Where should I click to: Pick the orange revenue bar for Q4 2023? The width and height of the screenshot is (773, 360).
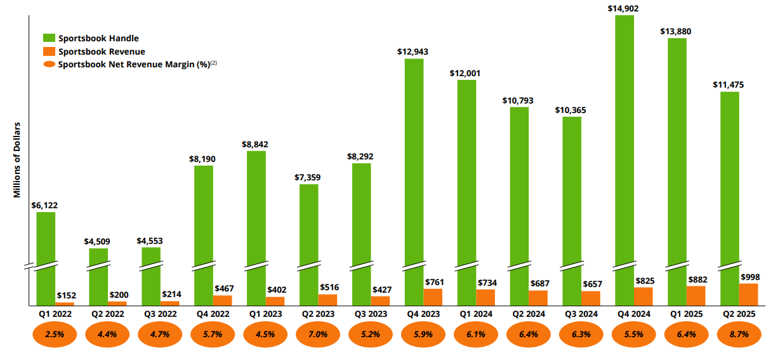433,297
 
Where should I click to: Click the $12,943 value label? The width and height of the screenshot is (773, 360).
413,51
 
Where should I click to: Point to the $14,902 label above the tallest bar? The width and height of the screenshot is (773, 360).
624,8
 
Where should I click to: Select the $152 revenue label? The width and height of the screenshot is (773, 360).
67,295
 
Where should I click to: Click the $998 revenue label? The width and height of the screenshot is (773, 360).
750,277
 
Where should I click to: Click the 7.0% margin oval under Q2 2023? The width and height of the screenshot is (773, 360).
318,334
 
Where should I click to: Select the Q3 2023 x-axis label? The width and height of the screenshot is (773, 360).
371,314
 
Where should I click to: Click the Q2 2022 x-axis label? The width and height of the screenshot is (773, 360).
107,314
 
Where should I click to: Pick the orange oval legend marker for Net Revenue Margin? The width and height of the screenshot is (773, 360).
49,65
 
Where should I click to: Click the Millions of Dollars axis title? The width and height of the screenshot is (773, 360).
17,159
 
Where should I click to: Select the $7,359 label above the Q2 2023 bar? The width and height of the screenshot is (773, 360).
308,177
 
